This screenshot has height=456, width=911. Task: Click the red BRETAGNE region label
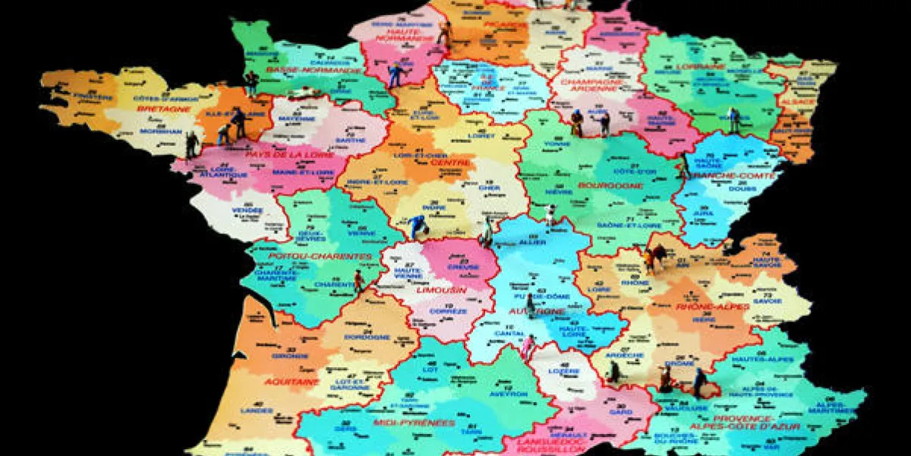pos(163,109)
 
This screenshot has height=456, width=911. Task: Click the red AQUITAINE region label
pos(292,382)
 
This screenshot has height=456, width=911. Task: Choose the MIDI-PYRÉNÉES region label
pos(414,423)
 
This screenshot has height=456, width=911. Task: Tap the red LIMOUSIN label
pos(441,290)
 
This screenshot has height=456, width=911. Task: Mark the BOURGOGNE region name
pos(601,185)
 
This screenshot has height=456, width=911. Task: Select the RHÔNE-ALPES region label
pos(713,306)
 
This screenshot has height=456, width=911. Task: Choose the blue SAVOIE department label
pos(768,300)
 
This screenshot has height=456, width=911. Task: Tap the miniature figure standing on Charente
pos(358,281)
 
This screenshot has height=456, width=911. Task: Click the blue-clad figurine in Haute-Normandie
pos(395,74)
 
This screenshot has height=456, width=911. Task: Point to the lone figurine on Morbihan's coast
pos(191,144)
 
